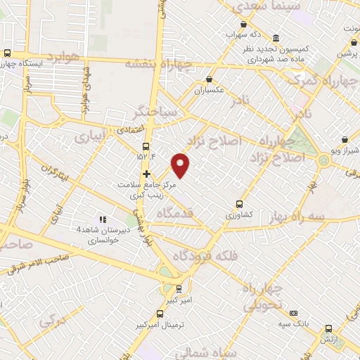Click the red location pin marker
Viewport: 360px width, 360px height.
pyautogui.click(x=181, y=164)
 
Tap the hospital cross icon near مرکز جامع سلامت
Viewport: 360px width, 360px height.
pyautogui.click(x=146, y=174)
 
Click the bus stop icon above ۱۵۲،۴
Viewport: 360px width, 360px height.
pyautogui.click(x=146, y=147)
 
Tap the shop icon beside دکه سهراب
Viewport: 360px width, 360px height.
pyautogui.click(x=229, y=33)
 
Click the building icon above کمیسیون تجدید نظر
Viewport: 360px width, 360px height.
pyautogui.click(x=275, y=38)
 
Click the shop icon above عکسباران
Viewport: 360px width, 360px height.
pyautogui.click(x=209, y=79)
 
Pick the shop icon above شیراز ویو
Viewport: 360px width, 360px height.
pyautogui.click(x=345, y=139)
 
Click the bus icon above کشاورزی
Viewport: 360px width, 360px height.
pyautogui.click(x=240, y=200)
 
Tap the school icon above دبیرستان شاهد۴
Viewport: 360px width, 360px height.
pyautogui.click(x=102, y=219)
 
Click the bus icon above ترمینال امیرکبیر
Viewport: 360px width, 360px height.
pyautogui.click(x=178, y=288)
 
